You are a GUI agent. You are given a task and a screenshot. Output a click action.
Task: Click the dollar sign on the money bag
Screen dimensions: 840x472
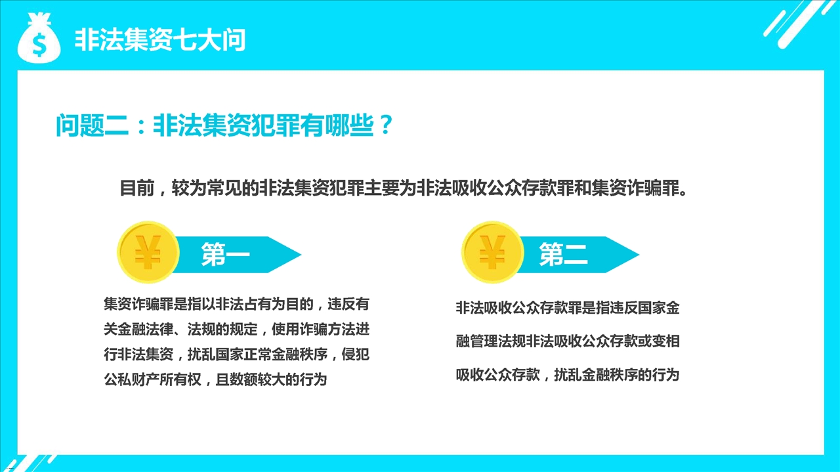pos(39,43)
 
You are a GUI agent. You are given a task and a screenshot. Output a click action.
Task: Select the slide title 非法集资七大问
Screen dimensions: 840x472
pos(160,40)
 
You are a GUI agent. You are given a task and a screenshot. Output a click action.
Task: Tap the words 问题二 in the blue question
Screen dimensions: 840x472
pos(93,125)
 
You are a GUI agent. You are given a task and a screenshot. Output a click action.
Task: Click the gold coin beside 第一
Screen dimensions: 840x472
pos(148,252)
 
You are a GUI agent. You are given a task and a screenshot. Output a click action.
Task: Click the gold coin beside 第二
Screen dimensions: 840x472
pos(493,252)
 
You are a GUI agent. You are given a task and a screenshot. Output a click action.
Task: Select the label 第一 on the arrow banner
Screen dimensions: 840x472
pos(225,255)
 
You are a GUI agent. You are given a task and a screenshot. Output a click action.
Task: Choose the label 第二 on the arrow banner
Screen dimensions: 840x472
pos(563,255)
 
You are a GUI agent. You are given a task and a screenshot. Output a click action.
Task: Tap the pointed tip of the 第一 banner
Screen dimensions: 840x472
pos(301,255)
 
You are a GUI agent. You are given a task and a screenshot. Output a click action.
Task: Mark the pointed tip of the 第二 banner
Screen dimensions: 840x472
pos(639,255)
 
